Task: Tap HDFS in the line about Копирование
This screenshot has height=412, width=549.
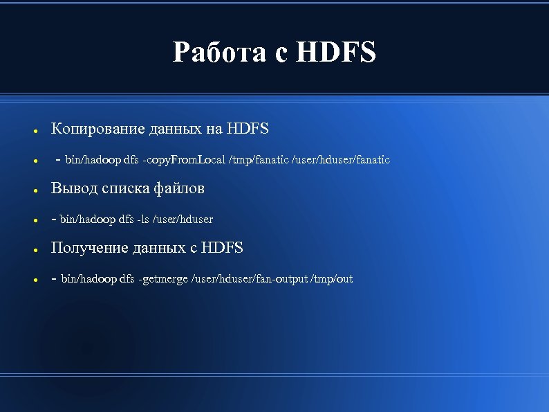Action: tap(248, 129)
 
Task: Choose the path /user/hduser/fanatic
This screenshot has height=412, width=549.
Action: tap(342, 160)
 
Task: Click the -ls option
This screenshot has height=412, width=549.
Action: tap(143, 220)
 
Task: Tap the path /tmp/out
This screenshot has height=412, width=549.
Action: tap(332, 279)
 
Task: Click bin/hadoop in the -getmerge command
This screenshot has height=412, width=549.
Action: tap(89, 279)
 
